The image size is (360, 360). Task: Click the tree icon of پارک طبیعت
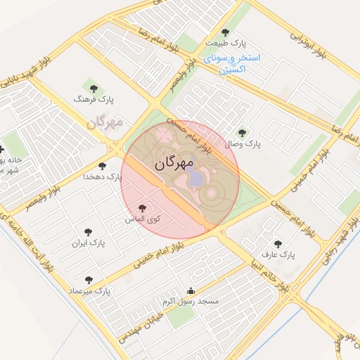pyautogui.click(x=225, y=32)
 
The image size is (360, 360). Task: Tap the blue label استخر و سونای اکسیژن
pyautogui.click(x=230, y=63)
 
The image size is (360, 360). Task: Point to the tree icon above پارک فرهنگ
pyautogui.click(x=94, y=89)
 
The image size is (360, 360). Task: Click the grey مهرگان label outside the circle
pyautogui.click(x=105, y=123)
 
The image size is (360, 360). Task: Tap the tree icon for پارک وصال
pyautogui.click(x=243, y=132)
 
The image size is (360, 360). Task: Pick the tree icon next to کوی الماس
pyautogui.click(x=143, y=208)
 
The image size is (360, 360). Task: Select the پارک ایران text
pyautogui.click(x=88, y=243)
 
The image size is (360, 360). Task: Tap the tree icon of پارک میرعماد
pyautogui.click(x=88, y=280)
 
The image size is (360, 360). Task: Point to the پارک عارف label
pyautogui.click(x=279, y=255)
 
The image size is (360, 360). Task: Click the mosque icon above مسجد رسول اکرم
pyautogui.click(x=190, y=290)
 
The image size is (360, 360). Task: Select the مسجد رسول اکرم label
pyautogui.click(x=191, y=301)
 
